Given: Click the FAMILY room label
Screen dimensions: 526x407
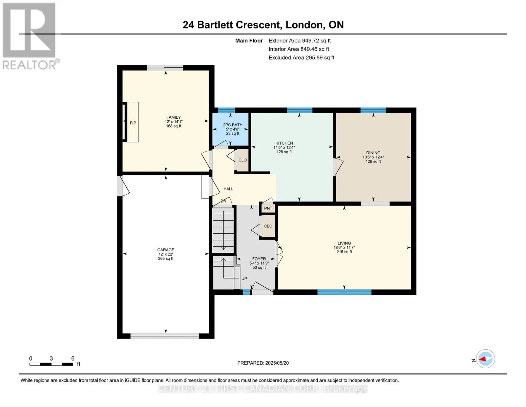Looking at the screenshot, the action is pos(173,117).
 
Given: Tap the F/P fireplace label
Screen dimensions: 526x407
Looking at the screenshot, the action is pos(133,123).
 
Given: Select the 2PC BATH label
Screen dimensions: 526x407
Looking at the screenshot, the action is pos(232,125).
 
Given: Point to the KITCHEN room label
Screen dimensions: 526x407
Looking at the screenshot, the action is pos(284,143).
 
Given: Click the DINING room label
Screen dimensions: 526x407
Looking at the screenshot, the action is pos(373,153).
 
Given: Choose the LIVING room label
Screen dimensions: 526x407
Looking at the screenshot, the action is pos(344,243).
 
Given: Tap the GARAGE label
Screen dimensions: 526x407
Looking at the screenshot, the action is pos(166,250).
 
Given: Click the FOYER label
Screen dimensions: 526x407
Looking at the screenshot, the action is pos(259,259).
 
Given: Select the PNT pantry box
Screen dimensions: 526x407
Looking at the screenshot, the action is pos(268,209).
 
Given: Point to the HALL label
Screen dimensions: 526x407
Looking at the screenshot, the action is pos(228,189).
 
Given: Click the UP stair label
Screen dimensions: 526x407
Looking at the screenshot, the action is pos(244,279).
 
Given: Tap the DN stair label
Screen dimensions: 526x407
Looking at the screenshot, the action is pos(223,201).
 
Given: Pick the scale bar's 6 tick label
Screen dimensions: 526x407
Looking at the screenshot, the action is pos(73,358).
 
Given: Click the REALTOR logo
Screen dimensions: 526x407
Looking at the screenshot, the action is pos(30,36).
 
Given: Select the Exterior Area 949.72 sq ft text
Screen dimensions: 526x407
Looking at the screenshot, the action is pos(300,41).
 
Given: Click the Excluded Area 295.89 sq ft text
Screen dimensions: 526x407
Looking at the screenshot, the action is pos(301,58).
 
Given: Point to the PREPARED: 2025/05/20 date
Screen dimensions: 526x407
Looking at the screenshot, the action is pos(263,363).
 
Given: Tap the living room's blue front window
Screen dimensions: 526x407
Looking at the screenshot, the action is pos(344,292).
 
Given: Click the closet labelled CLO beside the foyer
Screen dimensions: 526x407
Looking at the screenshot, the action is pos(268,226).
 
